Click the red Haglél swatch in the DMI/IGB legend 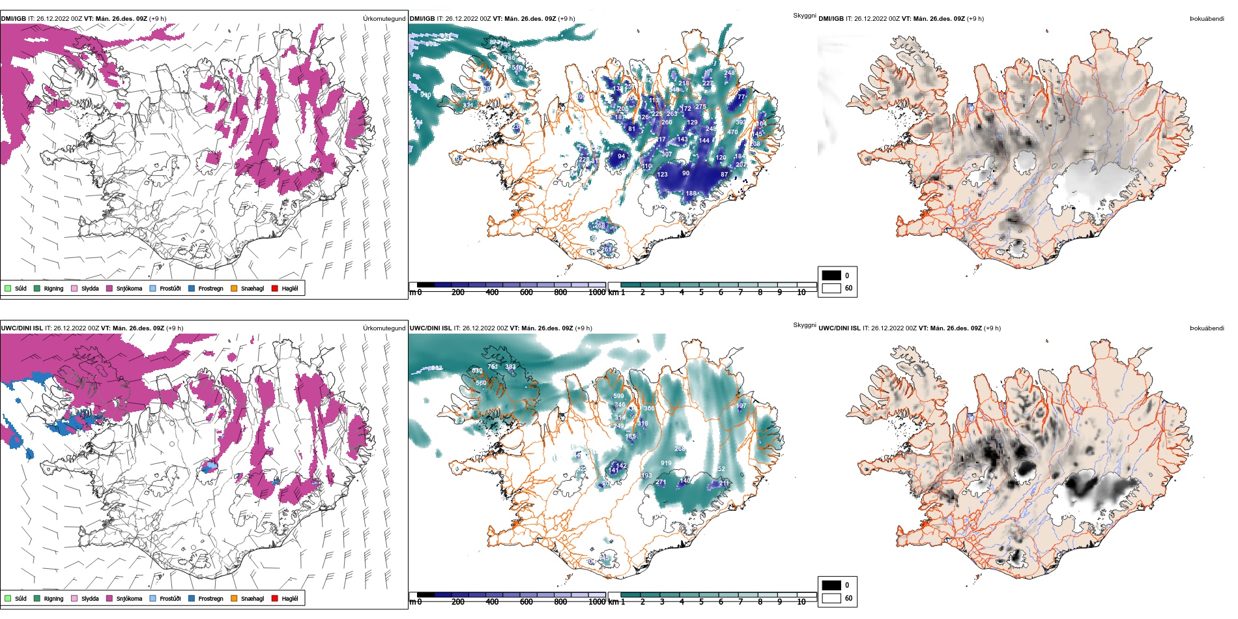coord(275,288)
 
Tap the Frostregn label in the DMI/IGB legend coord(210,288)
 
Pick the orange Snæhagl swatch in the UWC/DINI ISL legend coord(234,598)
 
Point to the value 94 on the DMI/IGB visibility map coord(621,156)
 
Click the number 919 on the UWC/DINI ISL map coord(666,463)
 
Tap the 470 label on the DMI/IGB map coord(732,132)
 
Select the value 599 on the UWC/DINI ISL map coord(618,396)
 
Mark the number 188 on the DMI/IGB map coord(691,194)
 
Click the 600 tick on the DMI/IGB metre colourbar coord(526,293)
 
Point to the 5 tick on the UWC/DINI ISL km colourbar coord(701,602)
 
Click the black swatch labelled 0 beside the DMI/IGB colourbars coord(831,276)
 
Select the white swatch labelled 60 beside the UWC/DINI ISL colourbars coord(831,598)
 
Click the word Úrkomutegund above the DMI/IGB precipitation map coord(384,19)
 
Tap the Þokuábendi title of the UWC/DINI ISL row coord(1207,328)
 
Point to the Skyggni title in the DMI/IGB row coord(804,16)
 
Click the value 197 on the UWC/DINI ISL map coord(741,406)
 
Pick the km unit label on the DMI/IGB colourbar coord(613,293)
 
